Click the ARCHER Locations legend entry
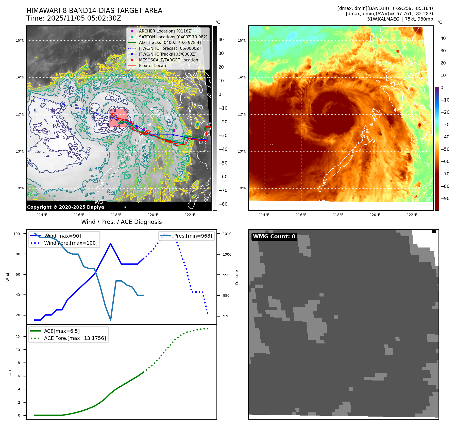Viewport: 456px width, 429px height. tap(165, 31)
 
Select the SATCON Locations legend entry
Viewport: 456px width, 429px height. tap(173, 37)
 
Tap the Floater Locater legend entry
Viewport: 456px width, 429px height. tap(154, 65)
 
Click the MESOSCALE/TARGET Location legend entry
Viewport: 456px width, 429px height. tap(168, 60)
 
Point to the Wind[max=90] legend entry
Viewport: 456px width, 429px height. tap(62, 236)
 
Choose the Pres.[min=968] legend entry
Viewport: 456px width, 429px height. tap(193, 236)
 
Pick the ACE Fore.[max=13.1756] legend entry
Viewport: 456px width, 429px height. tap(75, 338)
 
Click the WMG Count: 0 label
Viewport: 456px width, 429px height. tap(274, 237)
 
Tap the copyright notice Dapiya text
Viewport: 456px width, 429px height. tap(65, 207)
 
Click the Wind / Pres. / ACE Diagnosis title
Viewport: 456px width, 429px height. tap(121, 222)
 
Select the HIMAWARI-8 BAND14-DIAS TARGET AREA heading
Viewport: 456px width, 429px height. tap(94, 11)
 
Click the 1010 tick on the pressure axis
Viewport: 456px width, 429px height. tap(227, 234)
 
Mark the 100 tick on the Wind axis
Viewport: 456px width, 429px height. tap(17, 234)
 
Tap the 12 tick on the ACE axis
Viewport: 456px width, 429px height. tap(18, 337)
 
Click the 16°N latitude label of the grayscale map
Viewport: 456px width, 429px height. tap(20, 40)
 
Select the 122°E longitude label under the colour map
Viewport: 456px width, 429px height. tap(412, 215)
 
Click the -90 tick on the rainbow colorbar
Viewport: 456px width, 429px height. tap(445, 199)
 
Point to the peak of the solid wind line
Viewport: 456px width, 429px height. tap(111, 244)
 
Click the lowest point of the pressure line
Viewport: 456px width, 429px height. tap(111, 320)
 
